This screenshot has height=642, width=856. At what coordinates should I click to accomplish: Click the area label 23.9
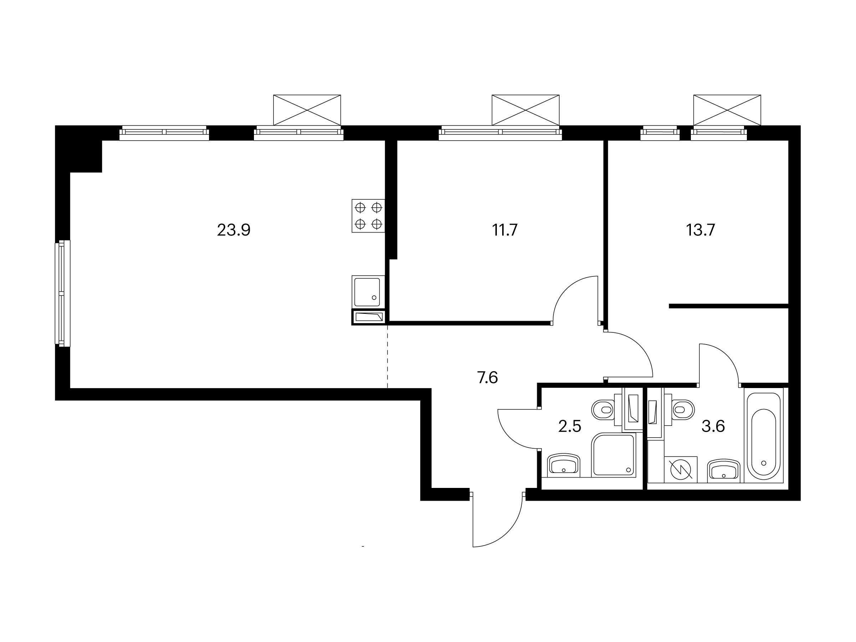pyautogui.click(x=234, y=230)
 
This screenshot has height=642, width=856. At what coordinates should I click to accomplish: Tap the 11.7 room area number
pyautogui.click(x=505, y=230)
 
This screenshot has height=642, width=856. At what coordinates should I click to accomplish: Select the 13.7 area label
pyautogui.click(x=700, y=230)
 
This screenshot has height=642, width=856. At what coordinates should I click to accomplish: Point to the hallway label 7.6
pyautogui.click(x=488, y=377)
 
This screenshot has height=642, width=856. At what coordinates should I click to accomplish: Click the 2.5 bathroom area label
pyautogui.click(x=570, y=427)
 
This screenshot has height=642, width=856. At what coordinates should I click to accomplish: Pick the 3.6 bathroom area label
pyautogui.click(x=713, y=427)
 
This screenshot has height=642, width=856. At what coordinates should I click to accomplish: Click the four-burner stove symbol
pyautogui.click(x=368, y=216)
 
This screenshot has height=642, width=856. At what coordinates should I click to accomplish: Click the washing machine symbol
pyautogui.click(x=681, y=470)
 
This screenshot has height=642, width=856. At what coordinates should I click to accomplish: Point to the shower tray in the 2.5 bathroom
pyautogui.click(x=614, y=455)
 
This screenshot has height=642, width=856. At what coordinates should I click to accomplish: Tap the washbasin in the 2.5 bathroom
pyautogui.click(x=564, y=465)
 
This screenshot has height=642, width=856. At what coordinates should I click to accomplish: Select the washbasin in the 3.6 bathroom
pyautogui.click(x=723, y=471)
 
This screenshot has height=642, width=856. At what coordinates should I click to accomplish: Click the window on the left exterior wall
pyautogui.click(x=62, y=292)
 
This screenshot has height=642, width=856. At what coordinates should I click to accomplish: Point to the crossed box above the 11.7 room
pyautogui.click(x=525, y=110)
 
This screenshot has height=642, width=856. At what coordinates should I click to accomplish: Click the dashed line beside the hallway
pyautogui.click(x=387, y=356)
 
